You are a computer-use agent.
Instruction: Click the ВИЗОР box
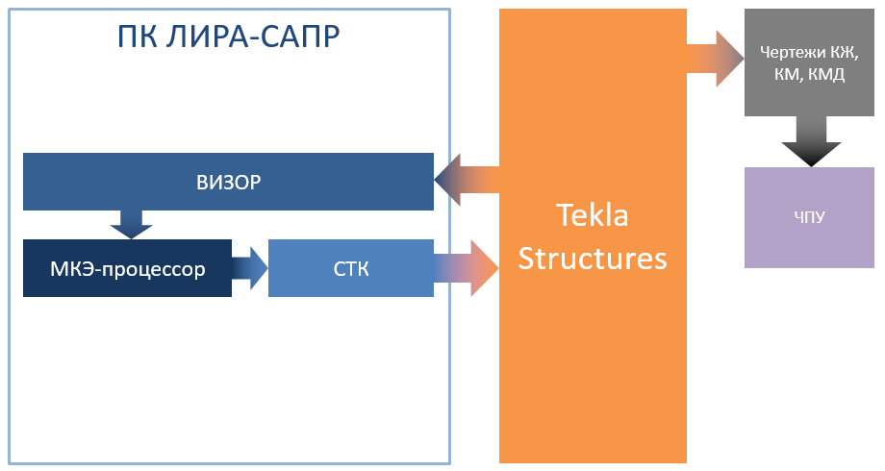[228, 181]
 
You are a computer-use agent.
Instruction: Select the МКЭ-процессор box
[127, 268]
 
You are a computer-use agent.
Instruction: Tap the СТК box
[351, 268]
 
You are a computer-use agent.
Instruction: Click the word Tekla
[593, 215]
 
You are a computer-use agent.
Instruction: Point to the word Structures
[593, 258]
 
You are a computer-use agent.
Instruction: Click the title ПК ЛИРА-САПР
[228, 37]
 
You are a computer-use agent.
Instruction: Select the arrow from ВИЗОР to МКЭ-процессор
[131, 223]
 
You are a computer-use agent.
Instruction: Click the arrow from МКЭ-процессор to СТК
[250, 267]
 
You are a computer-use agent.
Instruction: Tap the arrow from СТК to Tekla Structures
[468, 267]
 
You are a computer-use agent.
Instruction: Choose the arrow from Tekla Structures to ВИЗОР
[466, 180]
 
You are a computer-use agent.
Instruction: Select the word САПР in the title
[298, 37]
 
